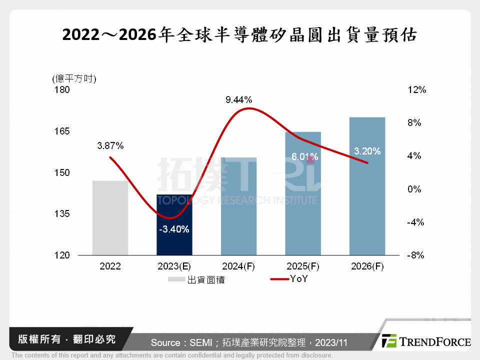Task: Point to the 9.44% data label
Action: [x=238, y=99]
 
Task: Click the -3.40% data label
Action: [x=174, y=229]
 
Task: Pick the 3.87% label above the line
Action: [x=110, y=146]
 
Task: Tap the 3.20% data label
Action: [x=367, y=151]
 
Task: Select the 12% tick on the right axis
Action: [x=416, y=90]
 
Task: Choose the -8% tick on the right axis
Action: [x=415, y=255]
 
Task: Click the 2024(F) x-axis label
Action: [x=238, y=266]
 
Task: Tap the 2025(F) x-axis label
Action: [x=302, y=266]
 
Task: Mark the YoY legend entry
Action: [x=290, y=279]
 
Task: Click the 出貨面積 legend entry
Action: [x=197, y=279]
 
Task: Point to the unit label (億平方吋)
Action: [x=74, y=78]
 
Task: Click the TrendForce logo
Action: [x=425, y=341]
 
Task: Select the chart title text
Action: [x=239, y=35]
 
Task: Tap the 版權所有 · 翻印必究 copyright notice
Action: [x=66, y=339]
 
